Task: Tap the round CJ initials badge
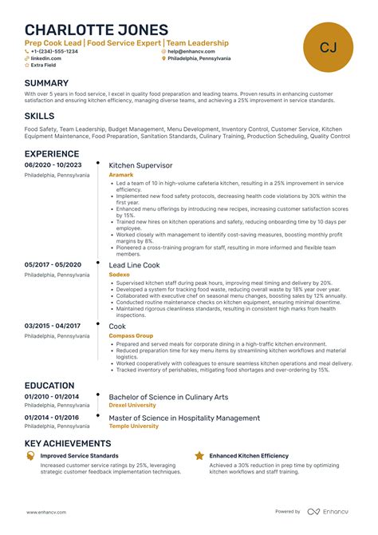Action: point(328,47)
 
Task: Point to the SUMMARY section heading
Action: point(46,83)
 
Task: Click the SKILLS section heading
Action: point(39,116)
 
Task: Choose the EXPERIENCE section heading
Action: point(52,153)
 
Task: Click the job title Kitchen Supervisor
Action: point(140,165)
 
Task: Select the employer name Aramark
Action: point(120,175)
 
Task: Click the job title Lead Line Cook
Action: point(134,264)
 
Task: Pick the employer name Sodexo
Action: point(119,274)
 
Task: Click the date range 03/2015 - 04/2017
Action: point(52,326)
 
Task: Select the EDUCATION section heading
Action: point(49,386)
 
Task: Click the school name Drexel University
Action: point(132,406)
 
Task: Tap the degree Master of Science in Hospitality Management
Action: point(184,418)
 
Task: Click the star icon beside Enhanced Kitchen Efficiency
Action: point(199,456)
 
